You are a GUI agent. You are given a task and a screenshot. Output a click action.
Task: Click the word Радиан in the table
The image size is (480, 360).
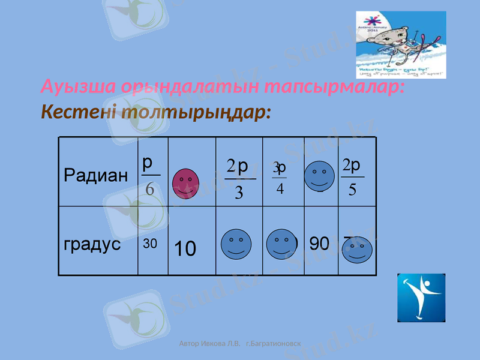pos(95,176)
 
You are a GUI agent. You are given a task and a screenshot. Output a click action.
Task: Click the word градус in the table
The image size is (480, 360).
pos(92,245)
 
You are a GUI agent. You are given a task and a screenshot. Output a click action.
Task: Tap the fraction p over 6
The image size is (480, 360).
pos(149,176)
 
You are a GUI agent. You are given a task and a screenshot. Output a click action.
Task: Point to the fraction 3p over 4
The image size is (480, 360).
pos(280,178)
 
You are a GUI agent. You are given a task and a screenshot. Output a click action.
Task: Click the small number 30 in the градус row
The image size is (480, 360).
pos(150,244)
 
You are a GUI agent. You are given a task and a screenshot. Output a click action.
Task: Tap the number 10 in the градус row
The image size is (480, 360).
pos(185,248)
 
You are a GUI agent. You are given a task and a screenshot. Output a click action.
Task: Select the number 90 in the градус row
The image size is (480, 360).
pos(320,244)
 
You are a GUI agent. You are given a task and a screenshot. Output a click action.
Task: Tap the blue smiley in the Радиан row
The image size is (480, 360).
pos(319,175)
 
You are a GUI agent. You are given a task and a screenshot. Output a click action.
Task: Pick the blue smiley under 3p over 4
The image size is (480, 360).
pos(281,245)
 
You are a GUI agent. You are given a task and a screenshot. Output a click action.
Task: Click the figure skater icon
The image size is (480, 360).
pos(421,298)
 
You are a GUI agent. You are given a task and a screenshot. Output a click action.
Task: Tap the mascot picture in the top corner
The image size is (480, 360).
pos(401,45)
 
